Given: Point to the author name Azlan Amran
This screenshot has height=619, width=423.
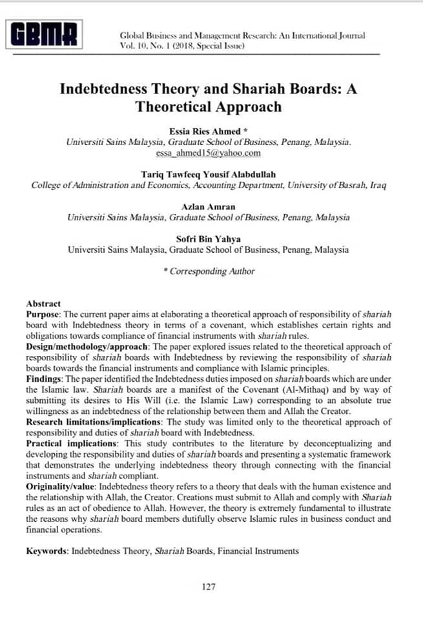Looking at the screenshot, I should [208, 207].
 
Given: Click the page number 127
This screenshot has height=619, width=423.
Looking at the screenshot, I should [208, 587].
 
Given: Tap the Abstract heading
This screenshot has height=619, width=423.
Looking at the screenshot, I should [43, 303].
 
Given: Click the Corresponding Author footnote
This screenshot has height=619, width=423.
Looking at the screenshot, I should [209, 271].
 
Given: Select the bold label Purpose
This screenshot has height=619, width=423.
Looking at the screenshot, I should [43, 313].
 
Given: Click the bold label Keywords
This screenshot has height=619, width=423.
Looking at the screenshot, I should [46, 551].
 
